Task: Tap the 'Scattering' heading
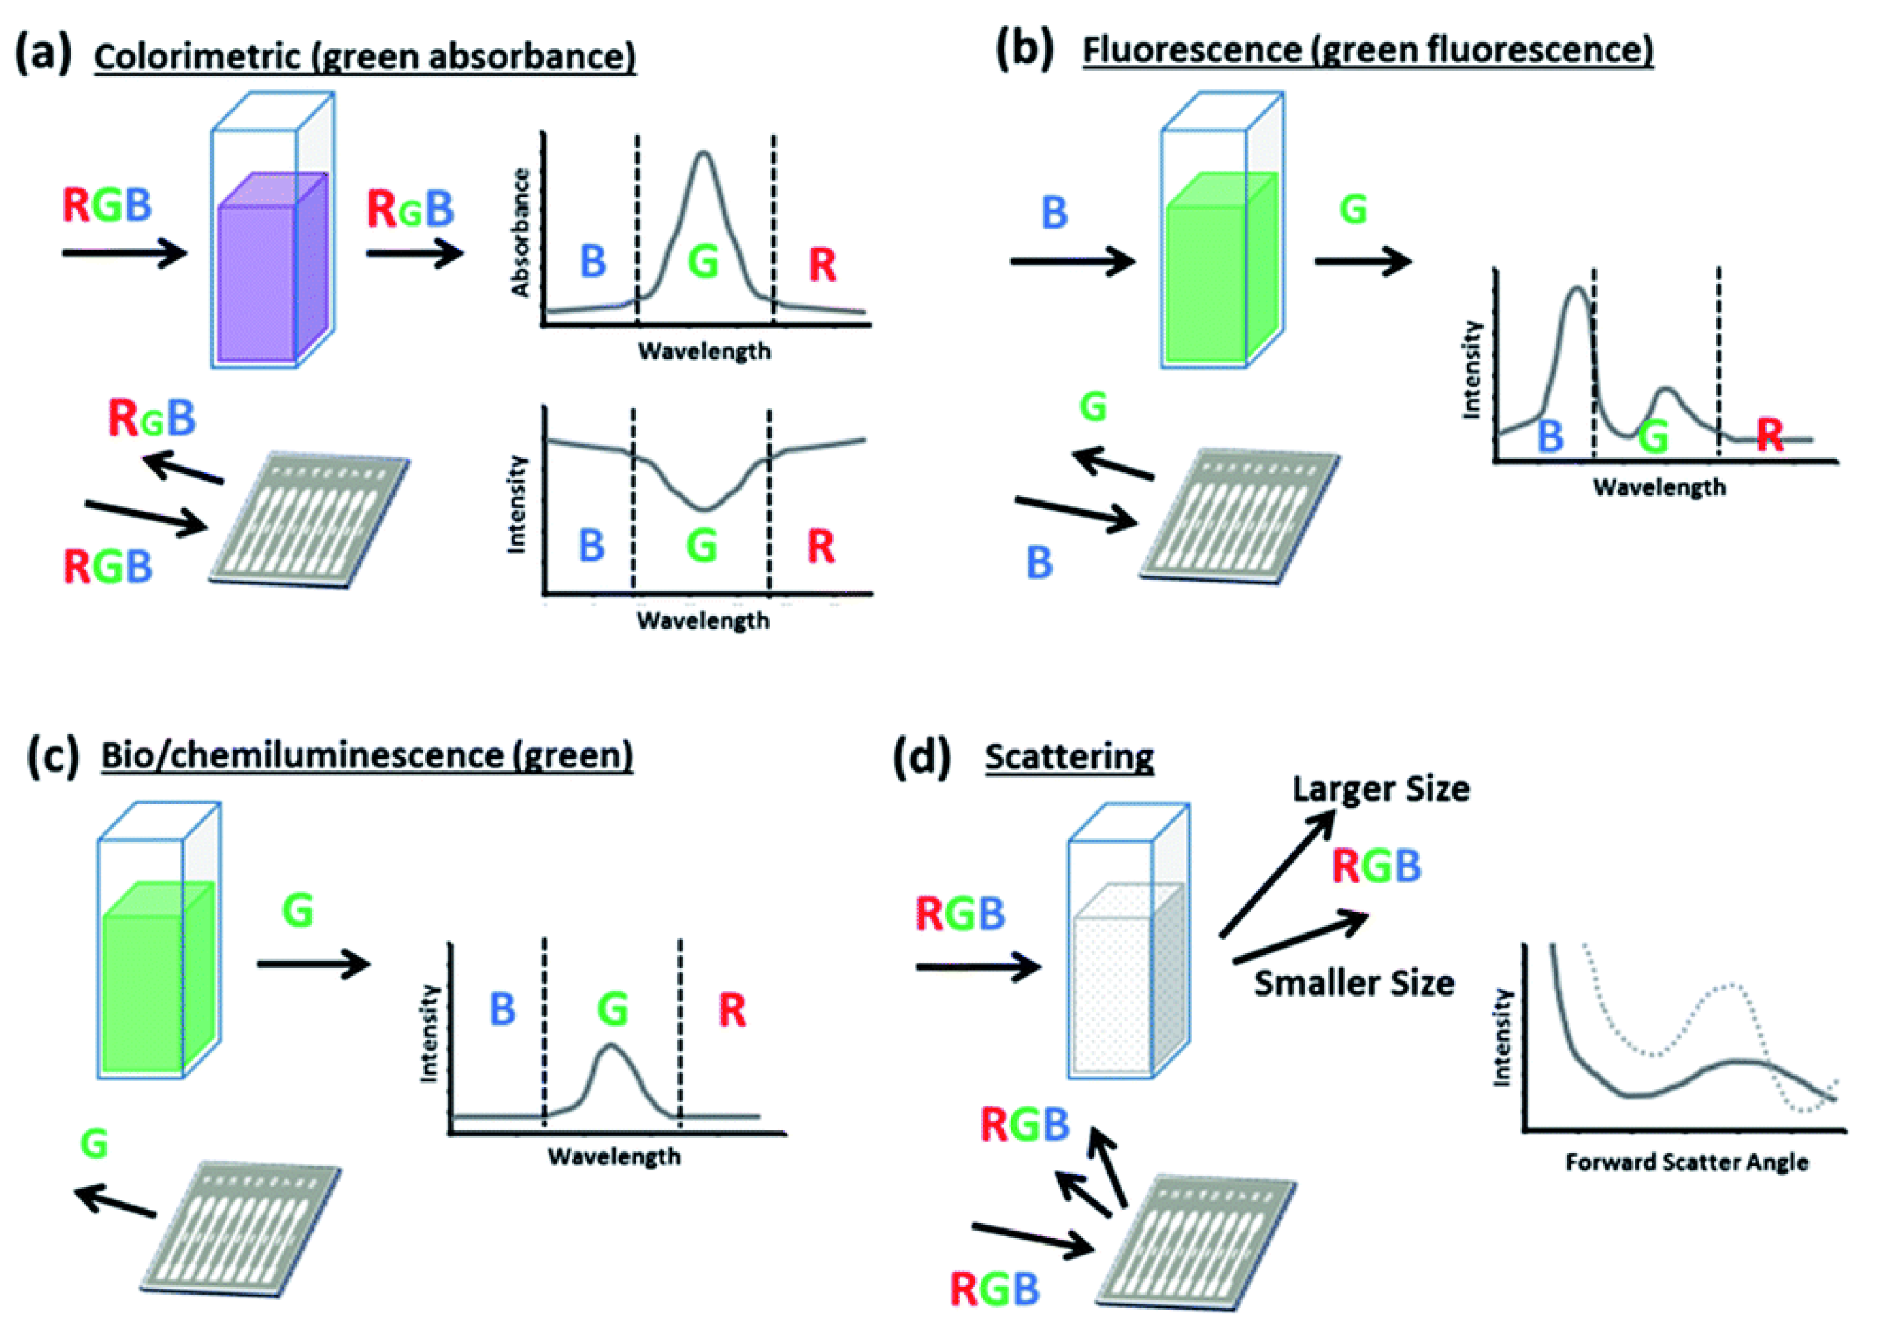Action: tap(1069, 757)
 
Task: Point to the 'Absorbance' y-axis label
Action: tap(521, 233)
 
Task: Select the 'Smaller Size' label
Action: tap(1353, 983)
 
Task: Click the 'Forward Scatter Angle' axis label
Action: tap(1686, 1162)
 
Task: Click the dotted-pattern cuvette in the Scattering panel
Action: tap(1127, 982)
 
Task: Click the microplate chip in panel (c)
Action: tap(241, 1228)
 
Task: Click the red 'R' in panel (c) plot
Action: tap(731, 1010)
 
